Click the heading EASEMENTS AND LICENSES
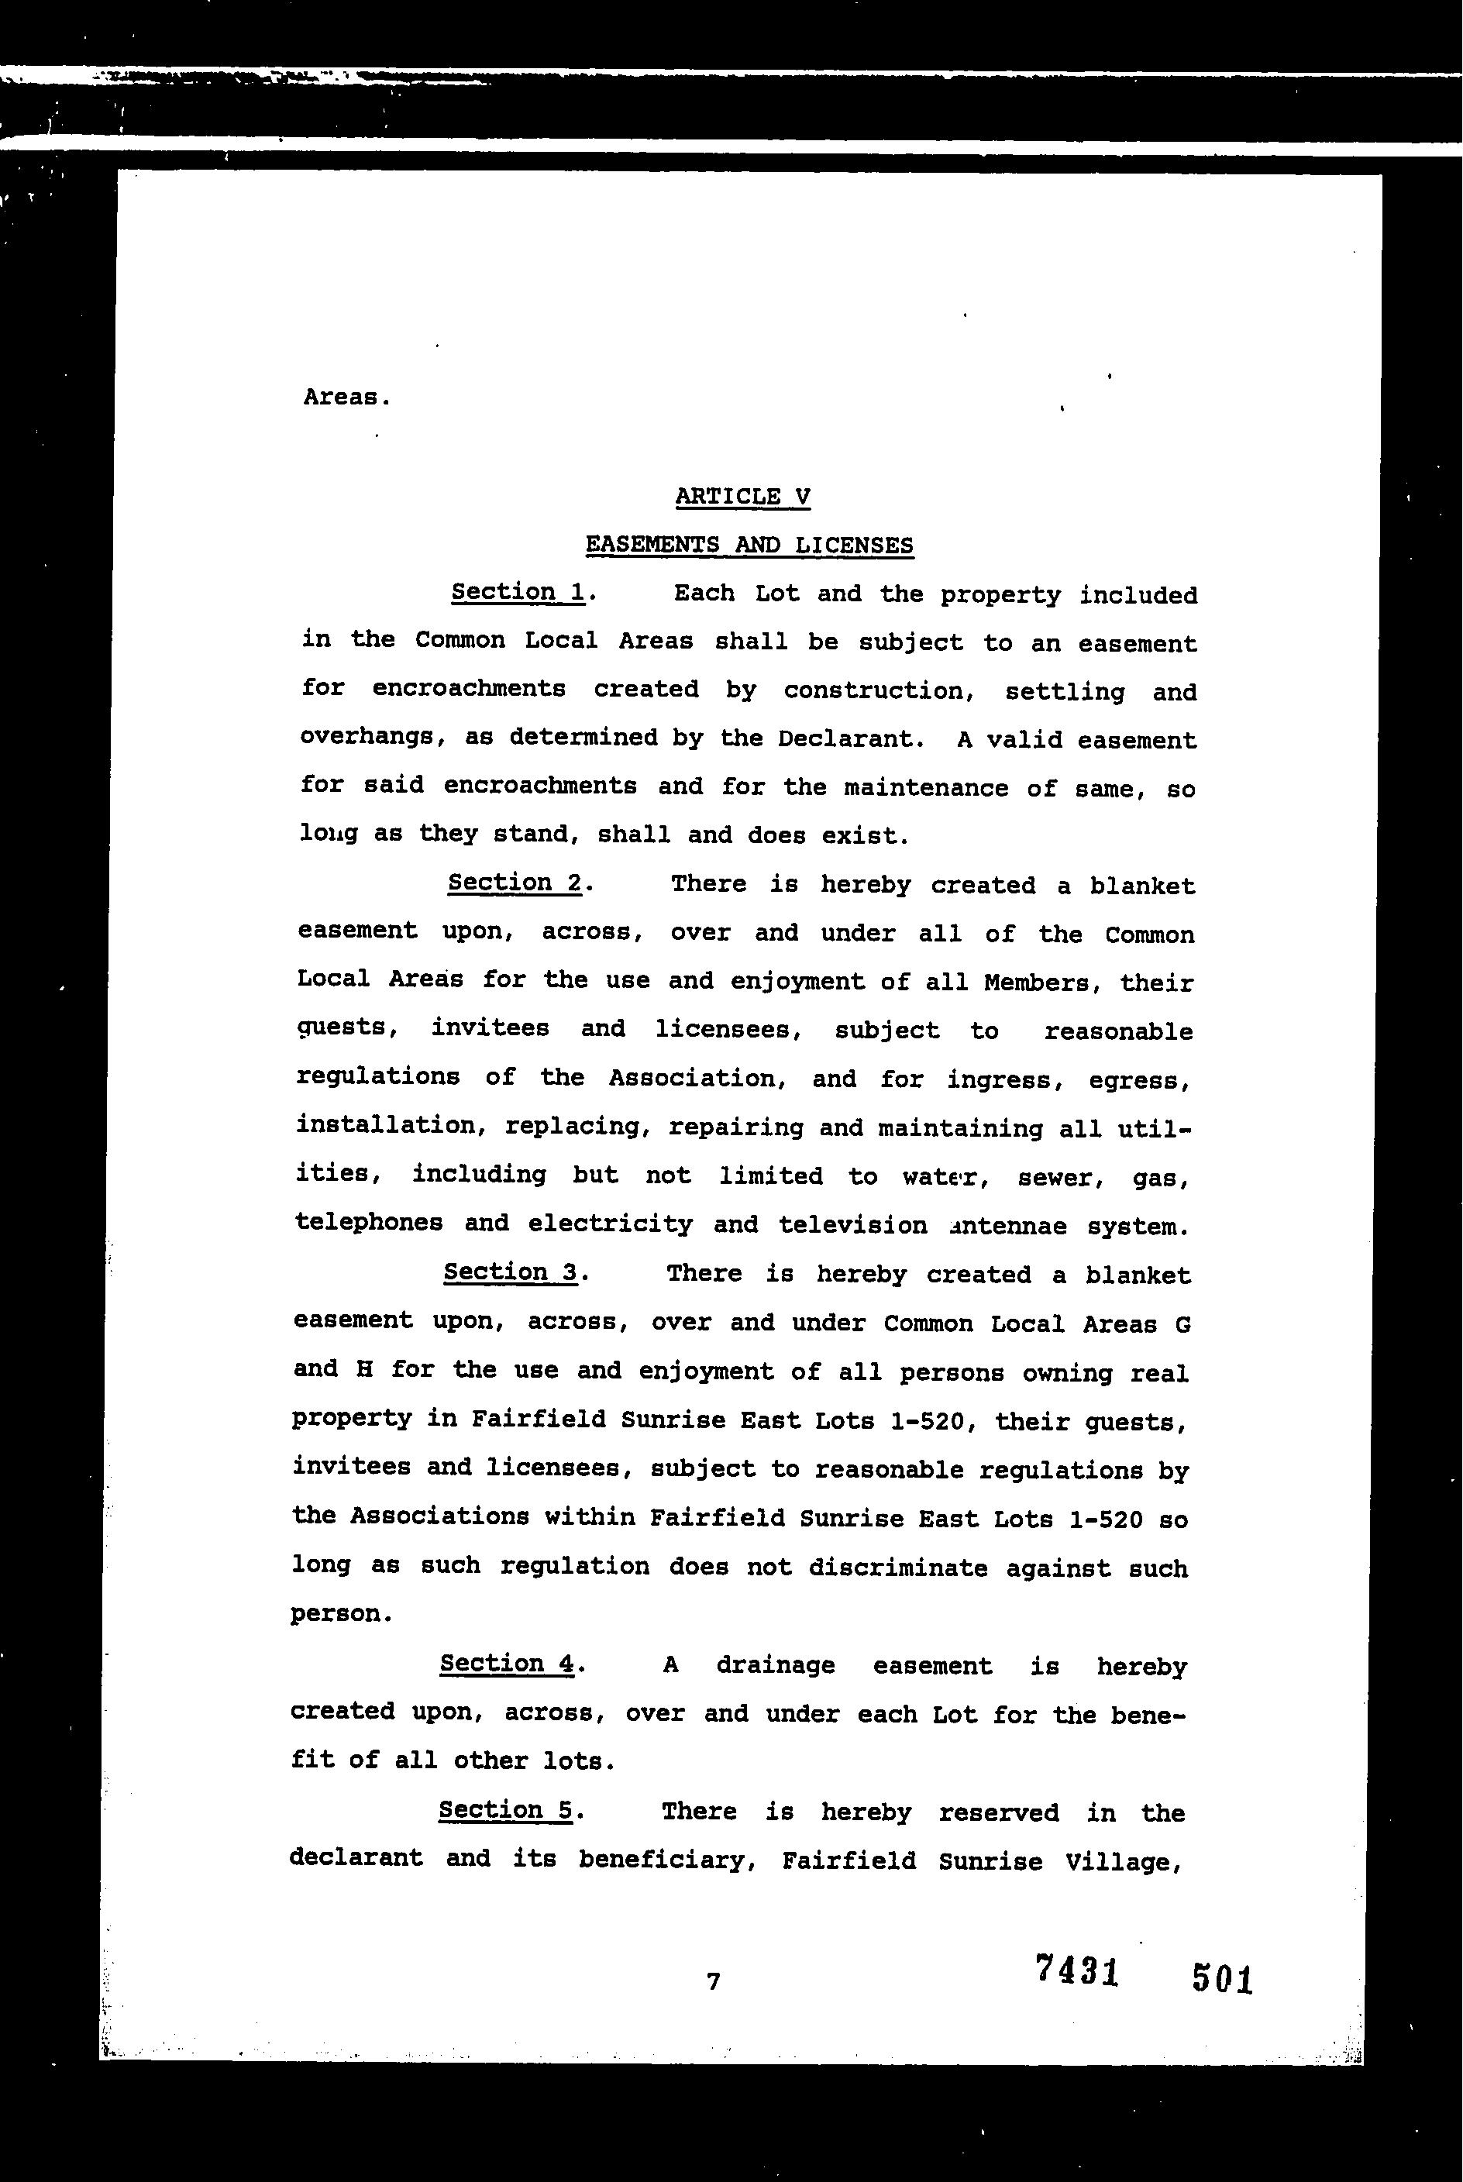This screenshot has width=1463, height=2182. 749,545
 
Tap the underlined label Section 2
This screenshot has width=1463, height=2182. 515,883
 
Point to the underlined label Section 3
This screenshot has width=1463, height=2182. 511,1272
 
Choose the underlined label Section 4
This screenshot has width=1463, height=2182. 507,1664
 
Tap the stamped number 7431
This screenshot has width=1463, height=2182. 1077,1970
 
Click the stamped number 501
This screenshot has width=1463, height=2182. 1221,1977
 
